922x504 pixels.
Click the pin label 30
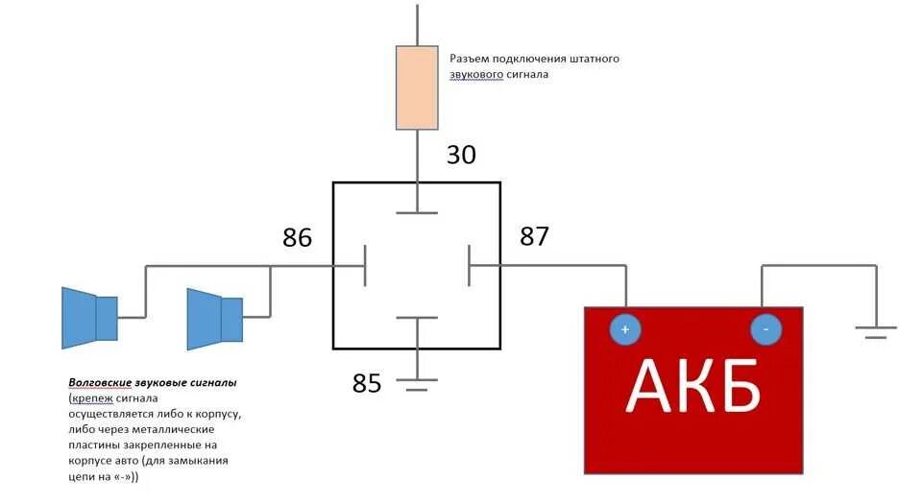[x=461, y=155]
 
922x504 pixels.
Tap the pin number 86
[x=297, y=237]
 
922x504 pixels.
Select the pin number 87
[x=534, y=236]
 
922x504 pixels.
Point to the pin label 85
[x=367, y=384]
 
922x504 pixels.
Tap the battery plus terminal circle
[x=624, y=329]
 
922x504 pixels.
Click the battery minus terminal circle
[x=765, y=329]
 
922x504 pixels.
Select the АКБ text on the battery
[x=693, y=386]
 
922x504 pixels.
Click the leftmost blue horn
[x=88, y=318]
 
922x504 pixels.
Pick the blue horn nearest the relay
[x=213, y=318]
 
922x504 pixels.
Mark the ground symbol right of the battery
[x=874, y=331]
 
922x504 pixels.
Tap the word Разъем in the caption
[x=472, y=59]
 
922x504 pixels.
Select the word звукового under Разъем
[x=474, y=75]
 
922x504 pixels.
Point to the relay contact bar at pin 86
[x=365, y=266]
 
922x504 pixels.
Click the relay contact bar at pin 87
[x=469, y=266]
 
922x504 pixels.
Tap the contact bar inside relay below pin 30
[x=416, y=213]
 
